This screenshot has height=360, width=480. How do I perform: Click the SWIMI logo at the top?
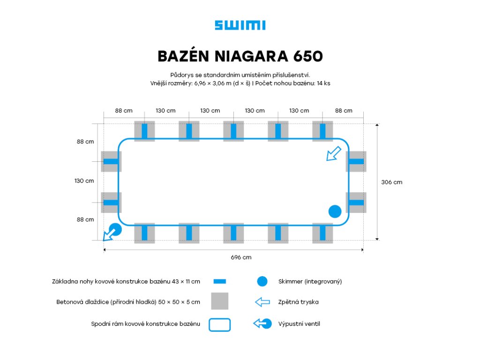[240, 25]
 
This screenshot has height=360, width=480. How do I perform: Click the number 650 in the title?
[307, 56]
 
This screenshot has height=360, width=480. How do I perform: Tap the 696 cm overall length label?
[241, 257]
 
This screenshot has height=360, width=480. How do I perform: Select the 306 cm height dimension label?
[391, 182]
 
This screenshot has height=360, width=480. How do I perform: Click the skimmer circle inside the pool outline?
[335, 211]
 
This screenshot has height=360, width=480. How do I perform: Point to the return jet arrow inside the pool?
[334, 153]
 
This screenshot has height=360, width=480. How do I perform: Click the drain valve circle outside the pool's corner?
[115, 229]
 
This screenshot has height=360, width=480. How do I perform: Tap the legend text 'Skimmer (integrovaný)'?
[310, 282]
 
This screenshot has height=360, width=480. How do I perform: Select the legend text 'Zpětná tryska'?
[298, 302]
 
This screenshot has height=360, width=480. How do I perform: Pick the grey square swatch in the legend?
[219, 301]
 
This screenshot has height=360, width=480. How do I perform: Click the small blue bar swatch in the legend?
[219, 282]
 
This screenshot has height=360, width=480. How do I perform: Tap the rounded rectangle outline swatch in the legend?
[219, 324]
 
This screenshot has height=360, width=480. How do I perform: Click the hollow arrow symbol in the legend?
[262, 302]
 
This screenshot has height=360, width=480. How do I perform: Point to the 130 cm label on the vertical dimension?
[84, 180]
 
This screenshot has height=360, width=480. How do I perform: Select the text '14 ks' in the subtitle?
[323, 83]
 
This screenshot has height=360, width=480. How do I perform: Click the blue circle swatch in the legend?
[262, 282]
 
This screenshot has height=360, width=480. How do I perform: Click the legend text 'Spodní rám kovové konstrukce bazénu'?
[145, 324]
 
